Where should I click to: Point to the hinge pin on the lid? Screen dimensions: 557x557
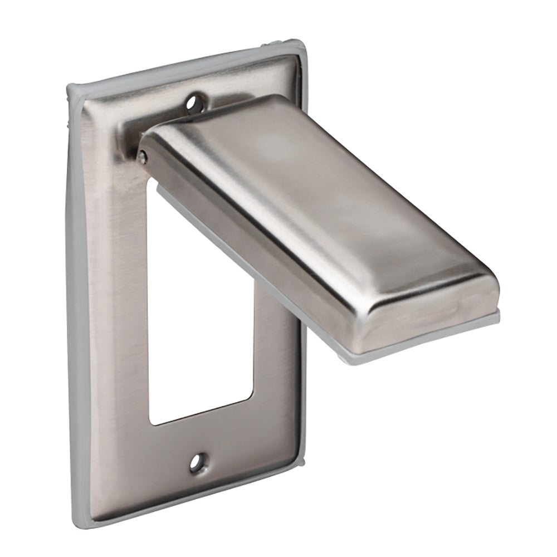point(143,157)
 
